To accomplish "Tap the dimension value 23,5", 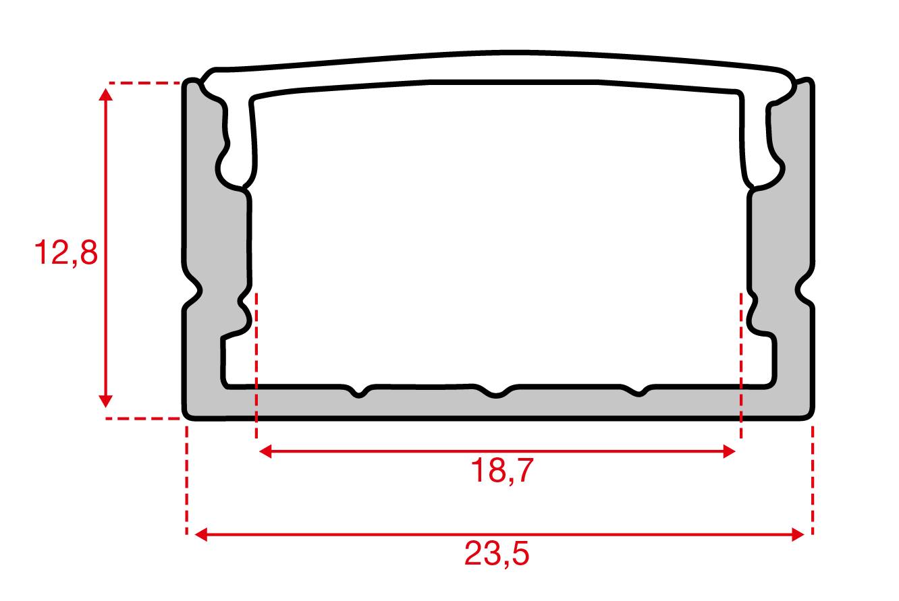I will [x=497, y=555].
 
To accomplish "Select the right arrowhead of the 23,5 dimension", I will [x=798, y=536].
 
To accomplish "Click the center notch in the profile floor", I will [x=496, y=393].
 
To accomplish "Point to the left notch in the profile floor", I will [x=360, y=393].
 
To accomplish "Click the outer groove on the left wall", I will [x=196, y=291].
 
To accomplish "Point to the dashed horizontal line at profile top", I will [x=145, y=84].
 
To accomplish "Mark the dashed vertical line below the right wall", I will [x=813, y=479].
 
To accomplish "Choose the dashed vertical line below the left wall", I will [x=186, y=479].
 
